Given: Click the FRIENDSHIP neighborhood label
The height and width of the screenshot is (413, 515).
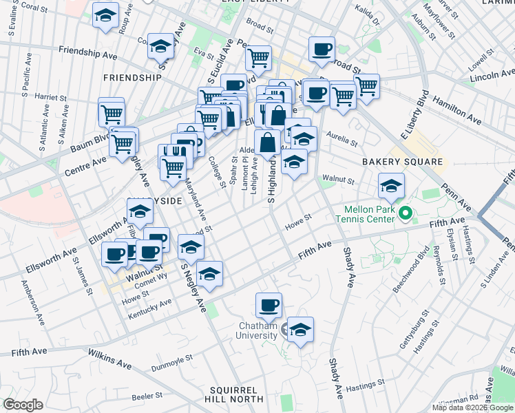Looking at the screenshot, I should [x=132, y=78].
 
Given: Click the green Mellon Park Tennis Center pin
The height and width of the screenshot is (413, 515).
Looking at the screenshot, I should [x=406, y=213].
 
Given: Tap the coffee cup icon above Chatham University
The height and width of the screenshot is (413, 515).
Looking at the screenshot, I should [x=269, y=304].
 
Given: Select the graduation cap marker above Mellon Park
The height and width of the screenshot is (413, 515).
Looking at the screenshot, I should [x=391, y=185].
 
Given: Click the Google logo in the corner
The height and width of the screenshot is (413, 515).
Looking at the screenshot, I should [x=23, y=405].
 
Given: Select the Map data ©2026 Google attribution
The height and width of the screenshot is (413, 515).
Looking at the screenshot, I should [x=472, y=407].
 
